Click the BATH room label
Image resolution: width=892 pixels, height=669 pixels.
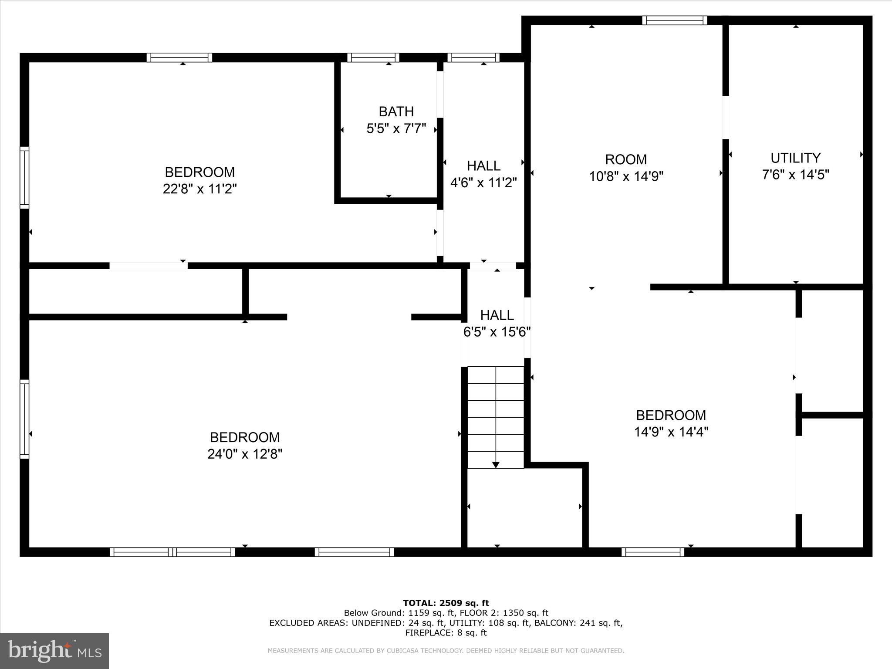pos(396,111)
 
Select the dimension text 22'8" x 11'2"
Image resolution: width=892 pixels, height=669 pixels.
pos(199,189)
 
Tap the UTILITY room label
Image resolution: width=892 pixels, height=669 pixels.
pos(795,158)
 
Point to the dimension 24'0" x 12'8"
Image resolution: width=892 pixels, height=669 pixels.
pos(245,454)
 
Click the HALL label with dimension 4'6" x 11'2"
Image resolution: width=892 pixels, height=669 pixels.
pos(483,166)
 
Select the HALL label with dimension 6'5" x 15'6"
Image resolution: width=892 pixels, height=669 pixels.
pos(497,315)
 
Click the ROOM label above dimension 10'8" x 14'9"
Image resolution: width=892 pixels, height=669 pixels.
pos(626,159)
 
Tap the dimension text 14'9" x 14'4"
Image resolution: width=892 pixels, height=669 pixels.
pos(671,432)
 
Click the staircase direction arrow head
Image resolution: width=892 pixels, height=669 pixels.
pos(496,465)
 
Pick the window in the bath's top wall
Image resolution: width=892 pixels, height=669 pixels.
pos(373,57)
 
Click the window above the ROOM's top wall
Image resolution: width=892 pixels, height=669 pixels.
pos(675,20)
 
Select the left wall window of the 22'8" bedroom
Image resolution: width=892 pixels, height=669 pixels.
pos(25,177)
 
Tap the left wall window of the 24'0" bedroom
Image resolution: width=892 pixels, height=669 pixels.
pos(25,419)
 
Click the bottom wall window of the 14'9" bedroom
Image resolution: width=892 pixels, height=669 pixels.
pos(653,552)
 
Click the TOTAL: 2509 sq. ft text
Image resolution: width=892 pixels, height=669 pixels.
pos(446,603)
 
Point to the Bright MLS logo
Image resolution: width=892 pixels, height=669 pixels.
pos(54,651)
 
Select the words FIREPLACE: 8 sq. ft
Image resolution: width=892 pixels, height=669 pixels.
pos(446,633)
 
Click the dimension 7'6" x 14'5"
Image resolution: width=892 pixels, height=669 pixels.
pos(795,175)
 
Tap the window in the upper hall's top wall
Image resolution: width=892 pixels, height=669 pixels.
pos(473,57)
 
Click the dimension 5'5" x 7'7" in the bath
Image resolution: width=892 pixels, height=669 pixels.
pos(396,129)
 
